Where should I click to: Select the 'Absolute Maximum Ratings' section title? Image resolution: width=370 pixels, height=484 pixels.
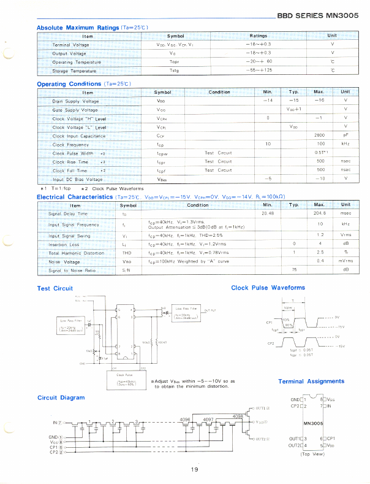[78, 28]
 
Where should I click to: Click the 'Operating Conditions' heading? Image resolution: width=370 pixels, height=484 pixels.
[69, 84]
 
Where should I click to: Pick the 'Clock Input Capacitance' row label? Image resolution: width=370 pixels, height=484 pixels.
[79, 136]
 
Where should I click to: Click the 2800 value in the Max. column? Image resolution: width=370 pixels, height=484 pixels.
[319, 136]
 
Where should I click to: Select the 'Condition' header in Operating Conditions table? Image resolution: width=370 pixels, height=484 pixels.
[219, 93]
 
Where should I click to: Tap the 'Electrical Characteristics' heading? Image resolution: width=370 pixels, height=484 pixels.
[75, 197]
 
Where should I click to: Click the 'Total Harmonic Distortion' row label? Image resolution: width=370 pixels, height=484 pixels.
[77, 253]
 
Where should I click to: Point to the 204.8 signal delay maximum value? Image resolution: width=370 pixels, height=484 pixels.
[319, 213]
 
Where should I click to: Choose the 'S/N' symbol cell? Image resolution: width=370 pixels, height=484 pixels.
[126, 270]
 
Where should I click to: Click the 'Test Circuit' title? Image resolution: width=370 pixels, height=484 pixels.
[55, 288]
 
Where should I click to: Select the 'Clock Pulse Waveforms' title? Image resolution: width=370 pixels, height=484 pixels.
[268, 287]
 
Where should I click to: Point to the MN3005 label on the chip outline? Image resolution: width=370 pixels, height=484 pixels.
[313, 423]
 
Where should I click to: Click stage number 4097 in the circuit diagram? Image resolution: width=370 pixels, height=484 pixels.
[208, 420]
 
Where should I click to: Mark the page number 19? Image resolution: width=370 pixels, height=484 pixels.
[194, 470]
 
